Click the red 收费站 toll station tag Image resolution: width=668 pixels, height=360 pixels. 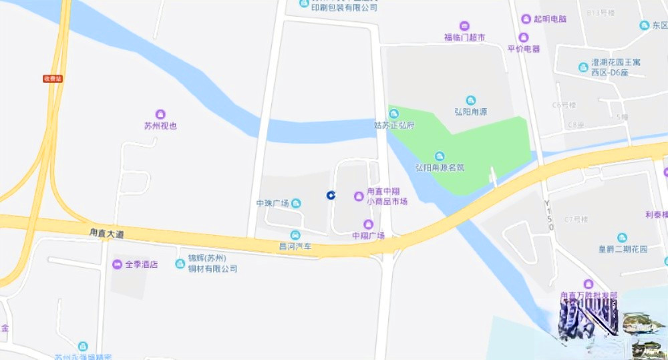tap(52, 78)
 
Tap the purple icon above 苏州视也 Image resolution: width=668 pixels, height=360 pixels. tap(160, 114)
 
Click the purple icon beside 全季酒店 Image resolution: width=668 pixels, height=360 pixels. tap(118, 264)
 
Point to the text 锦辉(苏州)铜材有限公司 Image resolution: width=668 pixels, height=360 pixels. tap(207, 264)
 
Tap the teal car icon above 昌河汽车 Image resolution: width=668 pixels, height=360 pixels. tap(295, 234)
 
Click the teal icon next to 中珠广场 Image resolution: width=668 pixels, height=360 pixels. tap(296, 203)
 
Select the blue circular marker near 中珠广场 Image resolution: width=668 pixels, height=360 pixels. tap(330, 194)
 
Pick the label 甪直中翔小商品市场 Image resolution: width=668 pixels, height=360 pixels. tap(387, 196)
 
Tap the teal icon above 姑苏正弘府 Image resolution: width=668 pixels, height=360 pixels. tap(393, 114)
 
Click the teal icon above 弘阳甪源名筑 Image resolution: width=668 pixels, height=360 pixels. tap(440, 156)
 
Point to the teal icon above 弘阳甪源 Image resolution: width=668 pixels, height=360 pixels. tap(471, 100)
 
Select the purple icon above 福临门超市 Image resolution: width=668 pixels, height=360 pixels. tap(464, 26)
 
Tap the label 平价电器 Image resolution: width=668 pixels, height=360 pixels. tap(523, 49)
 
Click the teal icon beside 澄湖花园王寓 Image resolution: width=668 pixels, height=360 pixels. tap(583, 67)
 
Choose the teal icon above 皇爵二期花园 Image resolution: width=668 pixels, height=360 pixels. tap(623, 238)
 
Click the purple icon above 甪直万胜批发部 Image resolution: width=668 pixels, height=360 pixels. tap(589, 285)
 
